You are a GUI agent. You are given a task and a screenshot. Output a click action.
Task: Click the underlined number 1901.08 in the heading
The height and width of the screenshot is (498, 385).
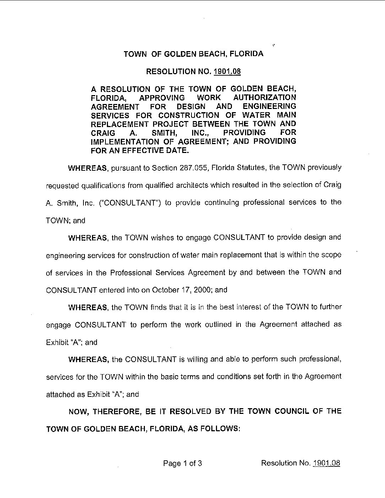(227, 72)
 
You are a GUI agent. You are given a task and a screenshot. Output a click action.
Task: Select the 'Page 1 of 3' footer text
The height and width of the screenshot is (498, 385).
(183, 463)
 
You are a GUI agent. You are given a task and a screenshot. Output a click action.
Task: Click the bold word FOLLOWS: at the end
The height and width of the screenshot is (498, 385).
(221, 428)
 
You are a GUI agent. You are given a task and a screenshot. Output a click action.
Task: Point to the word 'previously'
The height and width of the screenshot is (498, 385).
(325, 168)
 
